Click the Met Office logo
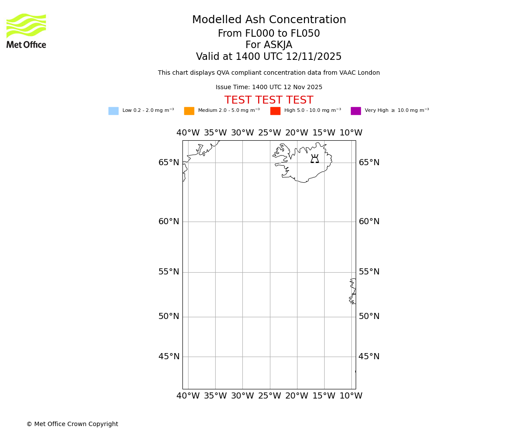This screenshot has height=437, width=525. click(x=26, y=31)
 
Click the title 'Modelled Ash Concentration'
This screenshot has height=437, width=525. click(x=269, y=20)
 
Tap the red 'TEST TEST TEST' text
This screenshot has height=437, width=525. click(x=269, y=101)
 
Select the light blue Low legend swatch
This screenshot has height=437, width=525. click(x=113, y=111)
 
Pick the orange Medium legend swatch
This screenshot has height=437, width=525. click(x=189, y=111)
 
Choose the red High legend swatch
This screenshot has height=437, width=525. click(x=275, y=111)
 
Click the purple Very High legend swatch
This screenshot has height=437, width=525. click(x=356, y=111)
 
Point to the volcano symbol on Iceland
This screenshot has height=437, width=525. click(x=315, y=159)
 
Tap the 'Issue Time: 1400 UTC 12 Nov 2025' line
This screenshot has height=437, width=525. click(x=269, y=87)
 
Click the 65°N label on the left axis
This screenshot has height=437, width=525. click(x=168, y=163)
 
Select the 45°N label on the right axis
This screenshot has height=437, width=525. click(x=369, y=357)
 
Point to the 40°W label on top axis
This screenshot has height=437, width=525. click(x=188, y=133)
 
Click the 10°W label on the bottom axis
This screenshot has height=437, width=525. click(x=351, y=396)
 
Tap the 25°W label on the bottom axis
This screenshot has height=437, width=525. click(x=269, y=396)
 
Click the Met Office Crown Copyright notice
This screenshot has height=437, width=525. click(x=72, y=424)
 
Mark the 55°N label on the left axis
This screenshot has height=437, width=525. click(x=168, y=272)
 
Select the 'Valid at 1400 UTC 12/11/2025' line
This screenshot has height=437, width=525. click(x=269, y=57)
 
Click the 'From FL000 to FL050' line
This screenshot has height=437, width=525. click(x=269, y=34)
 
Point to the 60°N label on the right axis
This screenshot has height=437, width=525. click(x=369, y=222)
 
